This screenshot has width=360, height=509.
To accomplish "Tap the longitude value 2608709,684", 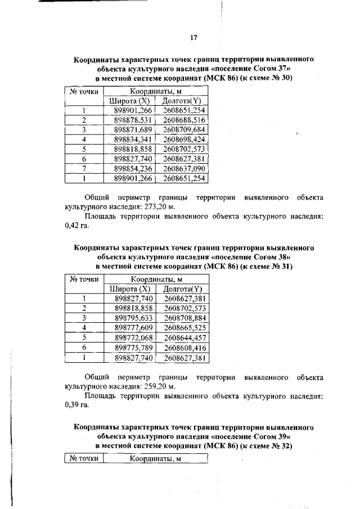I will (x=184, y=130).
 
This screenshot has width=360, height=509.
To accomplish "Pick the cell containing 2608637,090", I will (x=184, y=169).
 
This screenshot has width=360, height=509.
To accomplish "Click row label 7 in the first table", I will (x=83, y=169).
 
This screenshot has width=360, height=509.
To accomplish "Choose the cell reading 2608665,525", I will (x=184, y=328).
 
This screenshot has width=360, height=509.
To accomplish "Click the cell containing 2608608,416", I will (x=184, y=347).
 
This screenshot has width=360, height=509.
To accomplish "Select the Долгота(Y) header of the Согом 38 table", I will (x=182, y=289).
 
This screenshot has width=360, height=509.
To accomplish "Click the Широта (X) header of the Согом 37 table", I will (x=129, y=101).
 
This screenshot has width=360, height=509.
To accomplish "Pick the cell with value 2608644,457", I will (x=184, y=337).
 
